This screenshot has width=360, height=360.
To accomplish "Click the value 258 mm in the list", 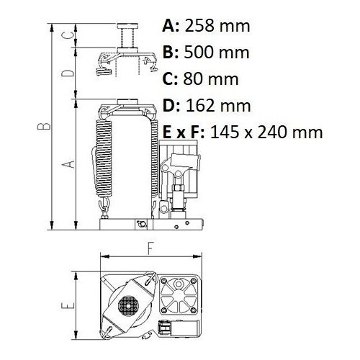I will [218, 27].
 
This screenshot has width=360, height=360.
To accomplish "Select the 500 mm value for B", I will [217, 53].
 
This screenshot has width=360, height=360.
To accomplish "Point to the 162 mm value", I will [218, 106].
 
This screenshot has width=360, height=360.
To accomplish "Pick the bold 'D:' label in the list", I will [172, 106].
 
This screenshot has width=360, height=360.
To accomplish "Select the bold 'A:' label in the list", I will [172, 27].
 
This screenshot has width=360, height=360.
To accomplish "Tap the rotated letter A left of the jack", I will [68, 164].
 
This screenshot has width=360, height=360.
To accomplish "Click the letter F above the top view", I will [150, 248].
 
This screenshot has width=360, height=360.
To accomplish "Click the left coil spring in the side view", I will [102, 157].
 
